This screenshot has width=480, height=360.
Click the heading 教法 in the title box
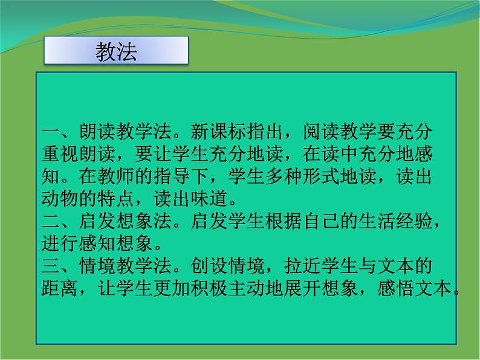click(x=116, y=52)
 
